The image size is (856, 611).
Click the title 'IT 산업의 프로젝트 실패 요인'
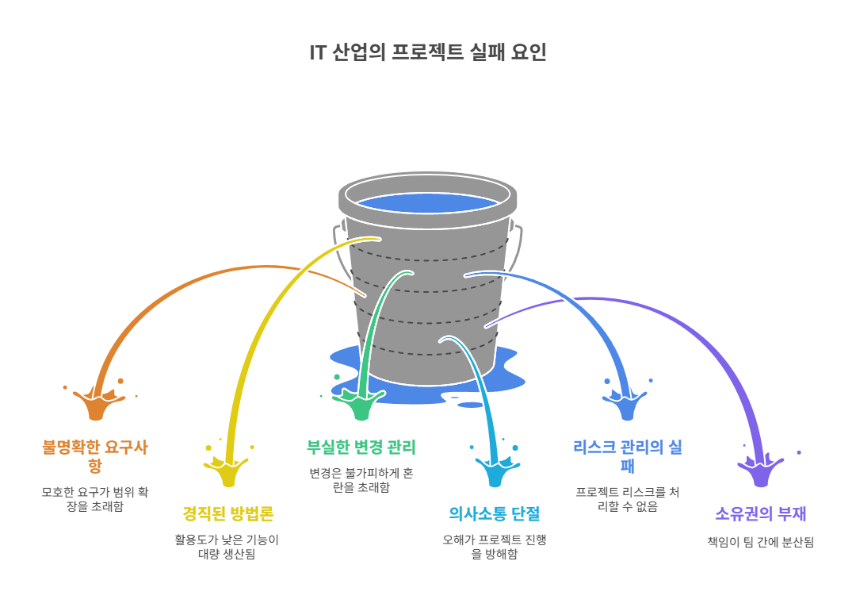coord(428,52)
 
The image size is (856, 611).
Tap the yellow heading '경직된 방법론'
coord(228,513)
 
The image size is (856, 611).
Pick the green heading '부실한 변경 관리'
coord(361,447)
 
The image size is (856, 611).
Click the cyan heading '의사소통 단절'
coord(494,513)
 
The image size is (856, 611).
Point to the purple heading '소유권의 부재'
coord(760,513)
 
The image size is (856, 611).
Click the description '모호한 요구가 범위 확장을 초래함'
coord(95,499)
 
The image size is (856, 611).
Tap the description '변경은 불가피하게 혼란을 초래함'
coord(361,480)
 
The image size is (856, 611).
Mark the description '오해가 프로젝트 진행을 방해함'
coord(494,547)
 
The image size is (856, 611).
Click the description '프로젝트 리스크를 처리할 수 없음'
coord(627,499)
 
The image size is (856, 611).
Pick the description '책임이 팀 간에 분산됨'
coord(760,542)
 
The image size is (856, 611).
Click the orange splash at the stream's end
coord(97,405)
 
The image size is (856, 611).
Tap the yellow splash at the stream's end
coord(229,472)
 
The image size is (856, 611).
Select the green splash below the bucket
coord(362,405)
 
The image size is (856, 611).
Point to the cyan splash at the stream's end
coord(495,472)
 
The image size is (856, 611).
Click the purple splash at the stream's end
coord(761,472)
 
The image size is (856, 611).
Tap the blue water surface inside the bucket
coord(428,202)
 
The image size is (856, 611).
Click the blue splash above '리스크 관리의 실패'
coord(627,405)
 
